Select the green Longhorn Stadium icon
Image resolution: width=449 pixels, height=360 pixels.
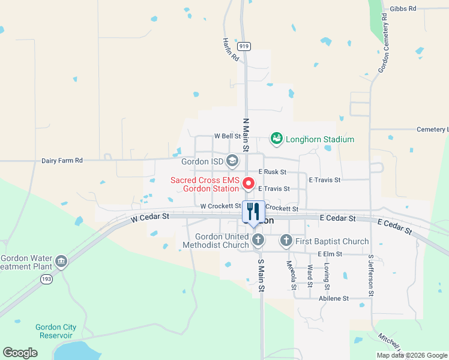tap(277, 139)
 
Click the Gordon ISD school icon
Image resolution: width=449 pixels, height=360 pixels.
tap(232, 161)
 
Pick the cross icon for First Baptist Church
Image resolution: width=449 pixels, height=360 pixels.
tap(286, 241)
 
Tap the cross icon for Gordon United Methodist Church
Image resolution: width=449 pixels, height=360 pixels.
tap(258, 241)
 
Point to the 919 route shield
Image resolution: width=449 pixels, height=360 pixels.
tap(244, 46)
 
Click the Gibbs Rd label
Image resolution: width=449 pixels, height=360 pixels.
tap(402, 8)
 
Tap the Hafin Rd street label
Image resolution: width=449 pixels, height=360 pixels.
tap(231, 50)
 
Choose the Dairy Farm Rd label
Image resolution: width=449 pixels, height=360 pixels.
tap(62, 161)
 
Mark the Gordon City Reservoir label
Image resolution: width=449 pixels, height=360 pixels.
tap(56, 331)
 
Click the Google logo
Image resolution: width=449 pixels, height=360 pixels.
tap(20, 353)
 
